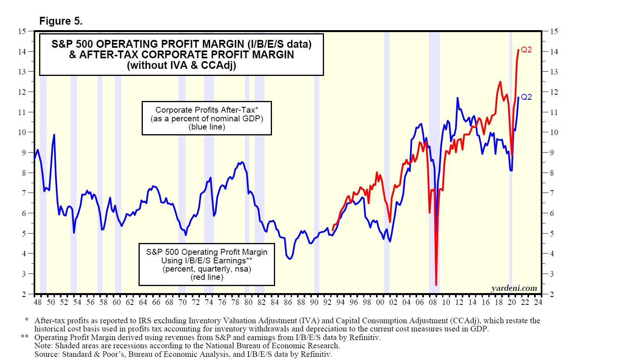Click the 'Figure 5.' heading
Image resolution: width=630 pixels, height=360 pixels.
point(61,21)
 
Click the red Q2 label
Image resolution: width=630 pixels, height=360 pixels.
point(526,50)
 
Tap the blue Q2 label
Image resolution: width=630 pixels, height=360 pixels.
point(526,97)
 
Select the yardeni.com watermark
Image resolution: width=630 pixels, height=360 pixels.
point(514,288)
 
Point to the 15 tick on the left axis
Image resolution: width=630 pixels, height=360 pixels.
point(22,31)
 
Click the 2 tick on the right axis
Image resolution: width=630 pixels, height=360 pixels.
point(552,294)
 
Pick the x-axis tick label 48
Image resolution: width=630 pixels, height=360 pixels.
point(38,302)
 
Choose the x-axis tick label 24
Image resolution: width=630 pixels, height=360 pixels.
point(538,302)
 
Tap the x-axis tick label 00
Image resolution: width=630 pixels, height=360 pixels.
point(380,302)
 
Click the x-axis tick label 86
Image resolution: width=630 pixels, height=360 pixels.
point(288,302)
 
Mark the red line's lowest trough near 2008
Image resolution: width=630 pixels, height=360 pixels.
point(436,285)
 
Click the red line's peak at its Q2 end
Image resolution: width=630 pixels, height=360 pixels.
point(518,50)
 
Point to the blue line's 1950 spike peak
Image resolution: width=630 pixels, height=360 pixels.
point(54,135)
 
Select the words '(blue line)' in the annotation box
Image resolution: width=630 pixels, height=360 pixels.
point(207,127)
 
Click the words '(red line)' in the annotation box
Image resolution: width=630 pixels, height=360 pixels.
point(207,277)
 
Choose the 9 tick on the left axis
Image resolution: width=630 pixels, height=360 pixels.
point(24,153)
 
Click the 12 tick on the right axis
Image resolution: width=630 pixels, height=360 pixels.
point(554,92)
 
